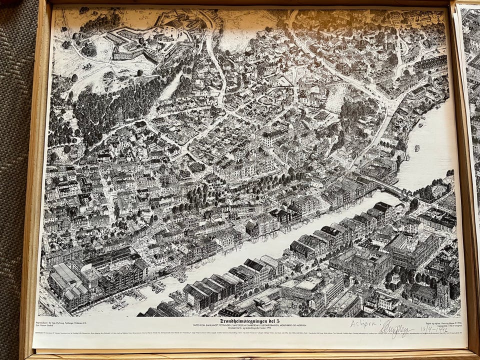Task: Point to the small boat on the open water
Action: pos(417,147)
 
